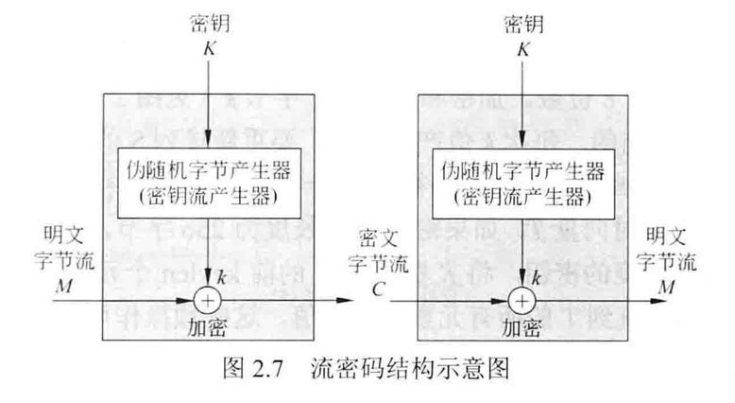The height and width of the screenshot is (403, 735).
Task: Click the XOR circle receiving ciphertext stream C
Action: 521,301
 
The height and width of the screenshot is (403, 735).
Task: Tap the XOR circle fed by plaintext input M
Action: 206,301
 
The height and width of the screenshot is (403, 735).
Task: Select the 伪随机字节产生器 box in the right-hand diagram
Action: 521,182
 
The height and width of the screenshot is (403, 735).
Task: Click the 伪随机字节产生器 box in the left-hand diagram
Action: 206,182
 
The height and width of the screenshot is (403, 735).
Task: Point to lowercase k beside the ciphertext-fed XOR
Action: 536,277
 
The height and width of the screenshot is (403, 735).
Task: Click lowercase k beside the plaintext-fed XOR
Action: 221,277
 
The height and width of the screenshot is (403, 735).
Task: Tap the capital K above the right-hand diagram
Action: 521,45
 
